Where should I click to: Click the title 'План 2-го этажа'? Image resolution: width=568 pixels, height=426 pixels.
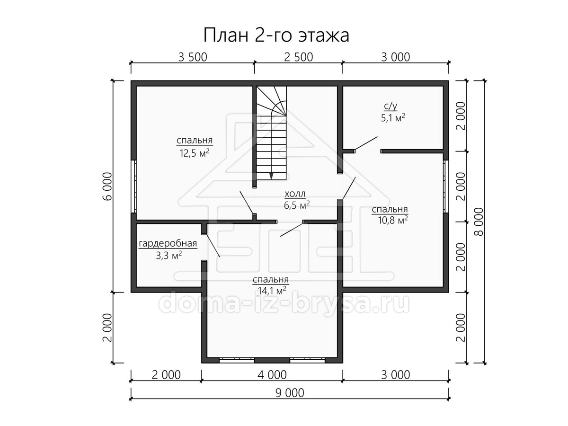[x=276, y=35]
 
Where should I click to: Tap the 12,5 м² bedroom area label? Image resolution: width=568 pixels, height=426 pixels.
[x=195, y=153]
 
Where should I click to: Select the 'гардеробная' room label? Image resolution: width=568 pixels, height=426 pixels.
[x=168, y=244]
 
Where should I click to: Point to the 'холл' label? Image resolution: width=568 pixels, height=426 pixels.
[x=295, y=194]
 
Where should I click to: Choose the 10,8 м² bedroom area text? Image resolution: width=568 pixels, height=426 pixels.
[x=393, y=221]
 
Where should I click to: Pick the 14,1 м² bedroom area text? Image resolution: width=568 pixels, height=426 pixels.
[x=272, y=291]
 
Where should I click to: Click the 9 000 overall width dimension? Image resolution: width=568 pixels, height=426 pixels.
[x=290, y=393]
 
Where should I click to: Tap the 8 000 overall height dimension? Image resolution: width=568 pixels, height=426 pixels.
[x=479, y=222]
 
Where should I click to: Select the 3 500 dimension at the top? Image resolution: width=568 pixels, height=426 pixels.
[x=193, y=57]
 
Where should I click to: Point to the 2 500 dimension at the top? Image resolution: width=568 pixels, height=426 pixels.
[x=298, y=57]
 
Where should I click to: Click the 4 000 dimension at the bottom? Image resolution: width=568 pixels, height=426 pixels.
[x=272, y=375]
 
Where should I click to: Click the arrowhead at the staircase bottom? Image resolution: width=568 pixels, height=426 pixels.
[x=271, y=176]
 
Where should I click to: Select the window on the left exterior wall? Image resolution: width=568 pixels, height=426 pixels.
[x=133, y=186]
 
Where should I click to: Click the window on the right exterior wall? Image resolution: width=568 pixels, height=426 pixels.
[x=446, y=186]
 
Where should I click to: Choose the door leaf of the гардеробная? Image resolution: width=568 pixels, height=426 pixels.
[x=212, y=245]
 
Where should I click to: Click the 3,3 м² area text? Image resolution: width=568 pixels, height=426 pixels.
[x=169, y=256]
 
